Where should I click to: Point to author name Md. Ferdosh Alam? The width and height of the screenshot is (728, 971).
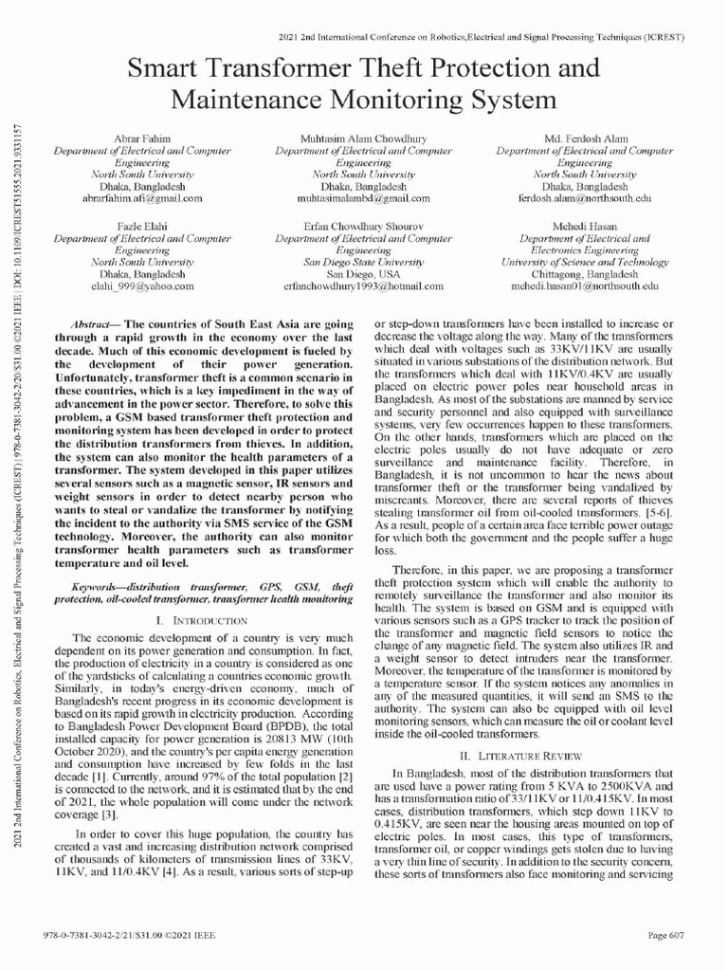[585, 138]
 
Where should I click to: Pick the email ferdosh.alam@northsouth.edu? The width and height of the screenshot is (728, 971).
[585, 199]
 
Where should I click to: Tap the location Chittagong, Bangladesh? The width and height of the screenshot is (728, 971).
[585, 273]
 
